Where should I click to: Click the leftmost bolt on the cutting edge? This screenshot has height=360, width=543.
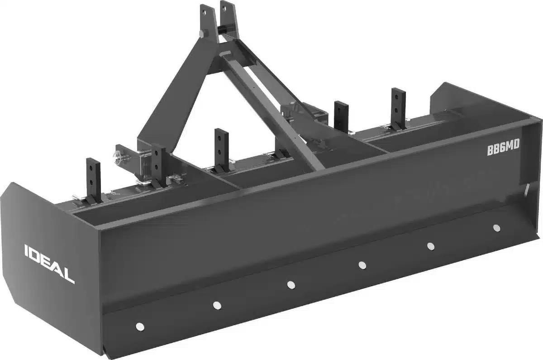(140, 326)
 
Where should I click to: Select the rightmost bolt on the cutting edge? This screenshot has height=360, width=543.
(496, 227)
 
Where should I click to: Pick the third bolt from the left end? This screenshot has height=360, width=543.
(291, 284)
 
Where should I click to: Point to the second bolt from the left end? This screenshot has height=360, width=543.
(217, 305)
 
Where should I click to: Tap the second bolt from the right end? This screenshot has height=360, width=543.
(430, 246)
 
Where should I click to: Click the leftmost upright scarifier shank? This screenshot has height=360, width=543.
(93, 179)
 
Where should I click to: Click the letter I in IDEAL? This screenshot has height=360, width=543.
(26, 250)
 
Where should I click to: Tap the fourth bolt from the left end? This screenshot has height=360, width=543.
(362, 265)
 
